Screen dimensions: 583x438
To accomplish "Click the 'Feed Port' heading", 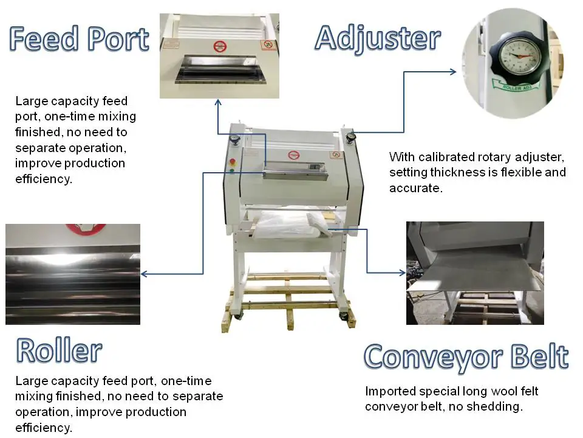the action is [x=79, y=40].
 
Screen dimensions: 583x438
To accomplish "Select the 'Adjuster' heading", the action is [x=377, y=38].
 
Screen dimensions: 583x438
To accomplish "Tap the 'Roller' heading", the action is [x=59, y=350].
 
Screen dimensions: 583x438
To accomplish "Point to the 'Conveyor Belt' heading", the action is [x=466, y=357].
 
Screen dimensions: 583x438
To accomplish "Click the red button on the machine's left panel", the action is [x=231, y=162].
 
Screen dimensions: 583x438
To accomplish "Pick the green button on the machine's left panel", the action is [x=231, y=171].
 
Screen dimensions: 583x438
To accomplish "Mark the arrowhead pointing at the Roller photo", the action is [x=145, y=274].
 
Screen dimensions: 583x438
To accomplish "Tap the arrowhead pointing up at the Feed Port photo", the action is [x=218, y=103].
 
